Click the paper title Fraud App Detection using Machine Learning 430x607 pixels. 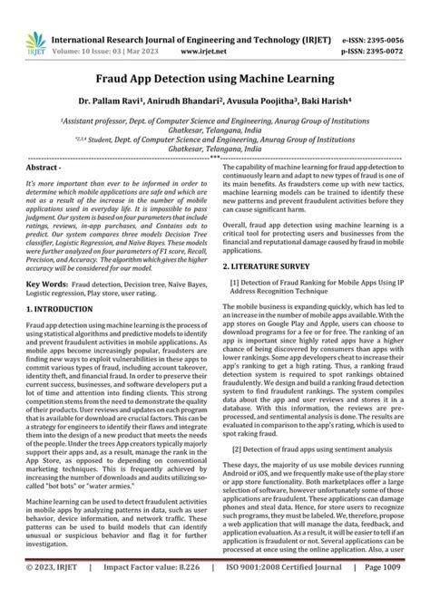214,80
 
